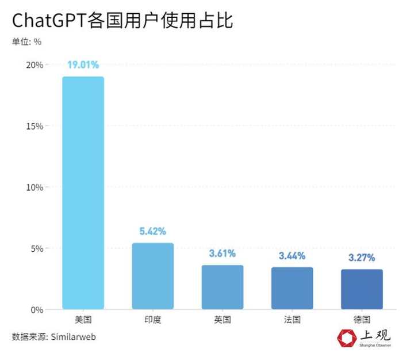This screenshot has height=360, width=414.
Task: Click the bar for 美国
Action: click(83, 193)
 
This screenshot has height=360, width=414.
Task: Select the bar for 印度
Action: click(152, 276)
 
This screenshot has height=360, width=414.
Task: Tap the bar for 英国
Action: click(222, 287)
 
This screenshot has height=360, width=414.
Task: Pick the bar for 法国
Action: click(292, 288)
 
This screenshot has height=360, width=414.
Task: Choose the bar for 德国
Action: click(362, 289)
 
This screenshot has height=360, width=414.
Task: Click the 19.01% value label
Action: click(83, 65)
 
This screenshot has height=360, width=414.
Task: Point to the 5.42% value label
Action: click(152, 232)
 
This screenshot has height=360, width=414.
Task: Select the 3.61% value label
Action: click(222, 254)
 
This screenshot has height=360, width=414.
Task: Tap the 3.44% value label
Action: click(292, 256)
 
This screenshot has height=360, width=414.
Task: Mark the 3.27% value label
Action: click(362, 258)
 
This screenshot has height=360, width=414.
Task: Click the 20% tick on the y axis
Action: click(34, 65)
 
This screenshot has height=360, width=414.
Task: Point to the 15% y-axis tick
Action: click(34, 126)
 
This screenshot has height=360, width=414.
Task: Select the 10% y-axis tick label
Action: click(34, 187)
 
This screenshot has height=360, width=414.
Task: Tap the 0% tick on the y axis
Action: click(37, 310)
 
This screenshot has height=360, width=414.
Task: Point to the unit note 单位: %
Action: click(26, 41)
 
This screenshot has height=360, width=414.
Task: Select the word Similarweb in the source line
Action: click(73, 336)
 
